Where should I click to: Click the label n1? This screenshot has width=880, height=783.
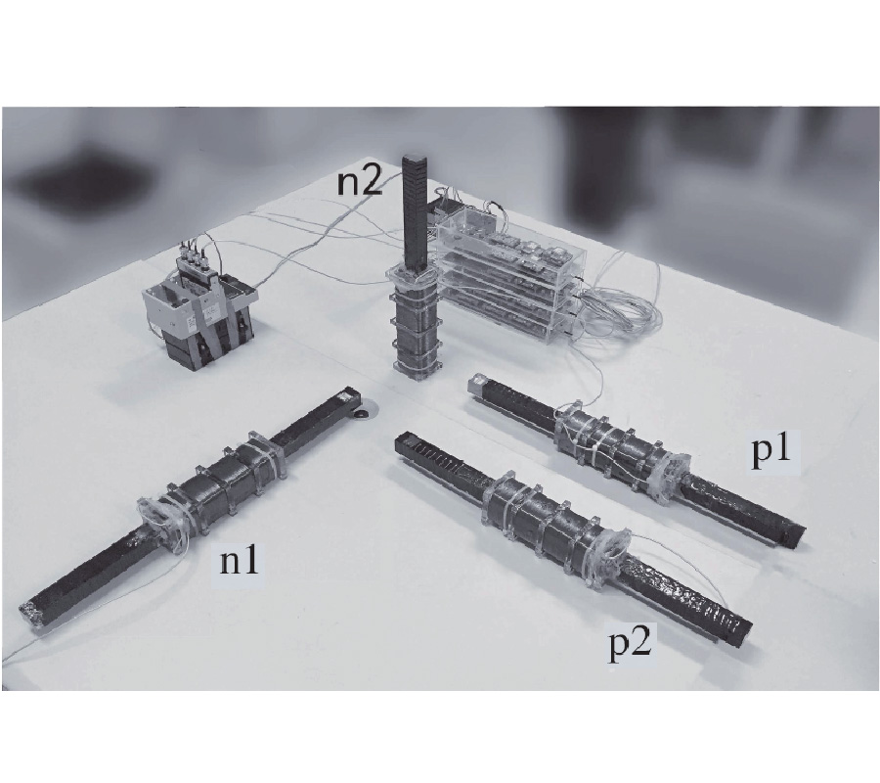click(240, 562)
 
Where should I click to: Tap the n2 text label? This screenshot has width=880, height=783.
click(360, 183)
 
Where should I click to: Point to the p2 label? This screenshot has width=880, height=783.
click(631, 647)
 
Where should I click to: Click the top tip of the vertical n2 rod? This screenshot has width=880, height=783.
click(416, 159)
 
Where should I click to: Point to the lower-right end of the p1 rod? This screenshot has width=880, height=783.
click(796, 534)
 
